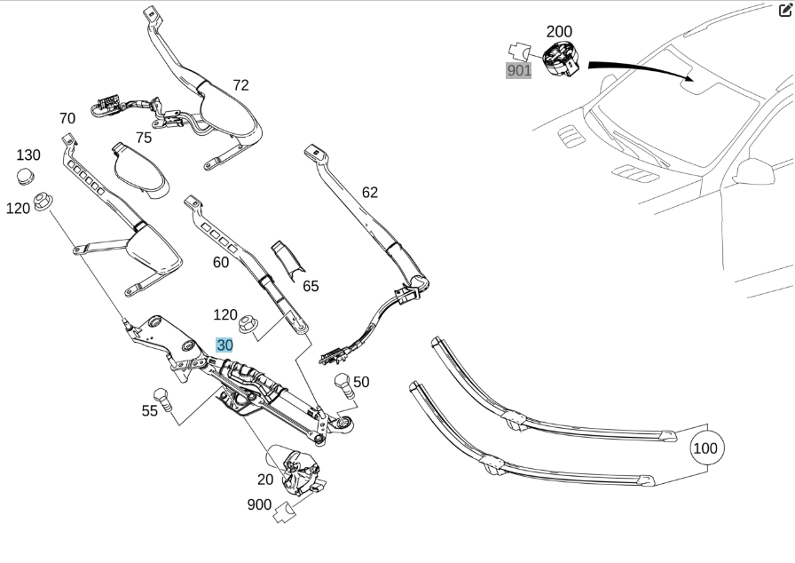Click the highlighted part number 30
224,345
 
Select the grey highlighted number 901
519,70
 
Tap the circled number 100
704,448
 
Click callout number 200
559,32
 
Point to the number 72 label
240,85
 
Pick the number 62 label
369,192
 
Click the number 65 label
311,286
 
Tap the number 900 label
259,504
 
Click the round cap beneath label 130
28,176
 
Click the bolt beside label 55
161,395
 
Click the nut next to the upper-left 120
42,203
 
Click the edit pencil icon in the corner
785,11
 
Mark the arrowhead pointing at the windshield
690,78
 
